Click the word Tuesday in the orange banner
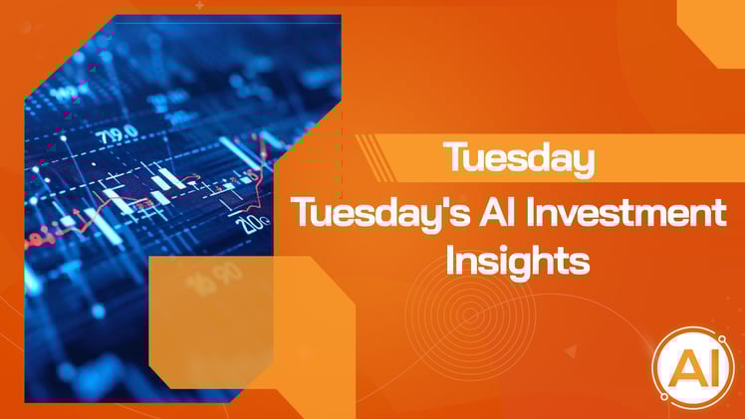click(519, 159)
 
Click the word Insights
click(518, 262)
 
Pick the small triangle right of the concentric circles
click(570, 350)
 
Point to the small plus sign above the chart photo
click(199, 5)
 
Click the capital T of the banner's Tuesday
click(455, 158)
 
